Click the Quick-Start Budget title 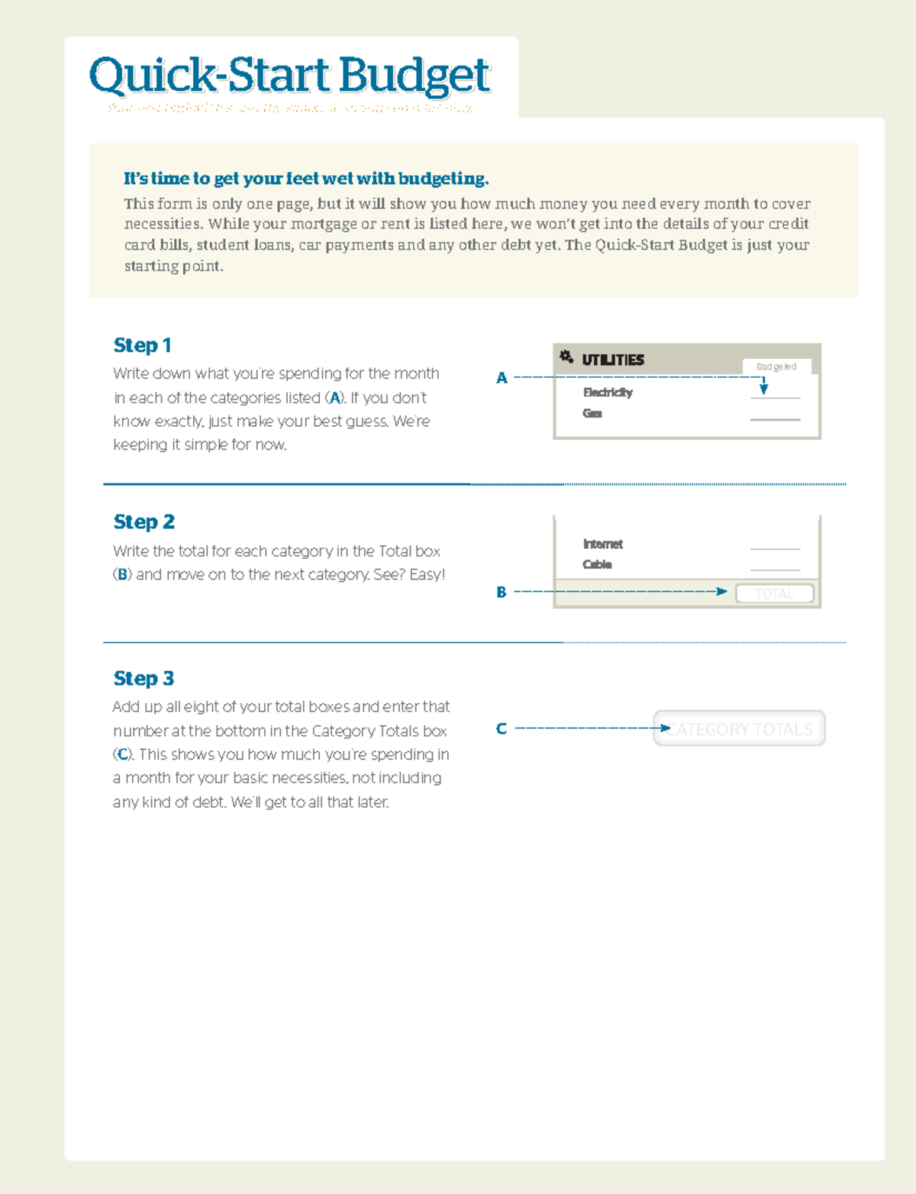pyautogui.click(x=289, y=76)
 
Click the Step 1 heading pyautogui.click(x=142, y=345)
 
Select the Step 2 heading pyautogui.click(x=144, y=521)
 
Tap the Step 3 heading pyautogui.click(x=144, y=678)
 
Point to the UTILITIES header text pyautogui.click(x=612, y=360)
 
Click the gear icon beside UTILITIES pyautogui.click(x=566, y=357)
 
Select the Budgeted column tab pyautogui.click(x=776, y=367)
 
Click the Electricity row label pyautogui.click(x=608, y=392)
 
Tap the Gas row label pyautogui.click(x=592, y=413)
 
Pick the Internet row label pyautogui.click(x=602, y=544)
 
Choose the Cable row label pyautogui.click(x=597, y=564)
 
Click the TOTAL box pyautogui.click(x=774, y=593)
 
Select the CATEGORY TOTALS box pyautogui.click(x=739, y=729)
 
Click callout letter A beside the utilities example pyautogui.click(x=502, y=378)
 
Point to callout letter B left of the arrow pyautogui.click(x=502, y=592)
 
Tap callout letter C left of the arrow pyautogui.click(x=502, y=729)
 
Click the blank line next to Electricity pyautogui.click(x=775, y=397)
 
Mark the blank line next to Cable pyautogui.click(x=775, y=569)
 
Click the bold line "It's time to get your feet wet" pyautogui.click(x=305, y=179)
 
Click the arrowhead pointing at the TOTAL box pyautogui.click(x=721, y=592)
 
